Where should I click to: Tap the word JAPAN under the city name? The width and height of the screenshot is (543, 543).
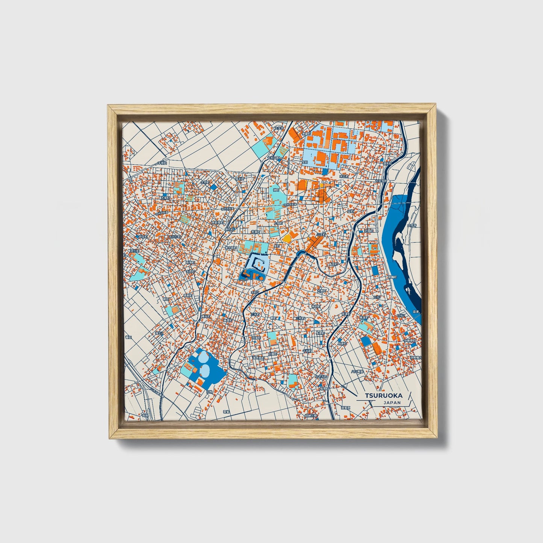tap(392, 402)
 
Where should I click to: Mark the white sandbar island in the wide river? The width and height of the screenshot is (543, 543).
tap(398, 256)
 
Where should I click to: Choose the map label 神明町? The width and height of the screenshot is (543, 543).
tap(316, 306)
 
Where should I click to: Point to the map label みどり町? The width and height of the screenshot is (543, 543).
tap(175, 237)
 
